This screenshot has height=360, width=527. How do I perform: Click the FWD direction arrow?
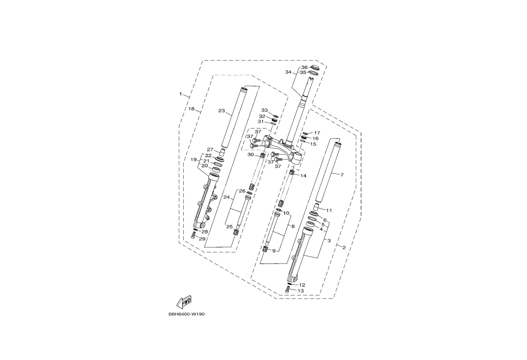click(185, 302)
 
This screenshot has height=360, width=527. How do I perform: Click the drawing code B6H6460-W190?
click(187, 314)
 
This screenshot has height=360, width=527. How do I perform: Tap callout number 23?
click(222, 111)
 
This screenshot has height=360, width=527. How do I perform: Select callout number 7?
click(342, 175)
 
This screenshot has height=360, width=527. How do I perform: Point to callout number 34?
click(288, 72)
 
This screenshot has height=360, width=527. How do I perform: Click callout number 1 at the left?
click(180, 94)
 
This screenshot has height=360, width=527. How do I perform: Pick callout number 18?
click(191, 109)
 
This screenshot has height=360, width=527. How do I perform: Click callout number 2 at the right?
click(344, 248)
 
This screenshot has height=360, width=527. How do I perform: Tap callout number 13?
click(301, 291)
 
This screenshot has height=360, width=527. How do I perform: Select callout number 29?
click(202, 239)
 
